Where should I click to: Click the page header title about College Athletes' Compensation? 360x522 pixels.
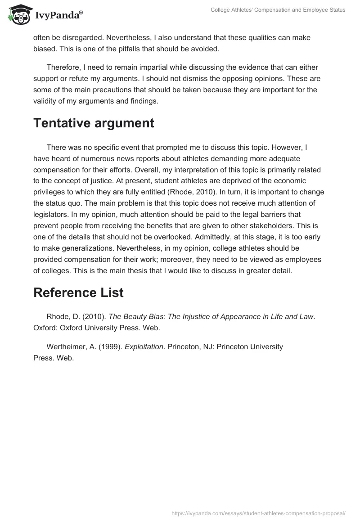278,10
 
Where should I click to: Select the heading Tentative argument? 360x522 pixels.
94,123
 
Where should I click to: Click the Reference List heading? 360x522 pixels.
78,292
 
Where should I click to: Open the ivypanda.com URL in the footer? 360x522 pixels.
258,513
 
